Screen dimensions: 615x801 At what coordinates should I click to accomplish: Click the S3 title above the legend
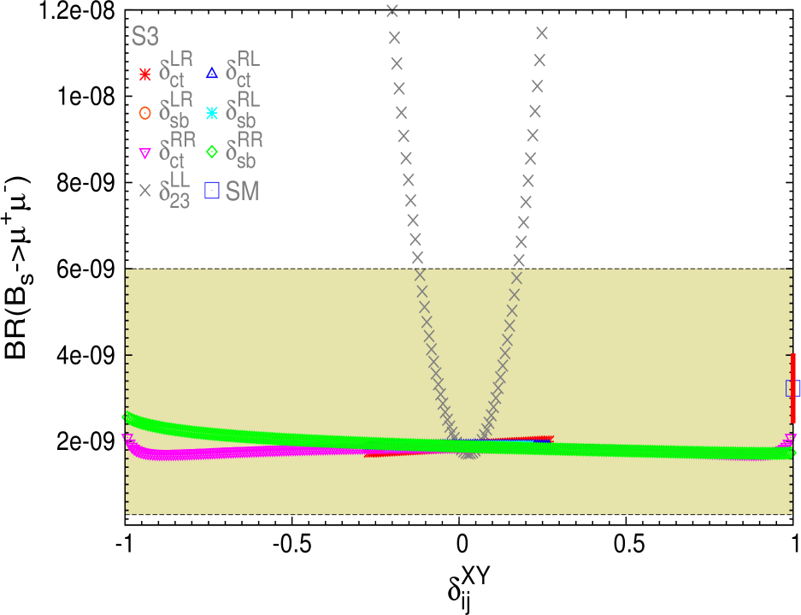(144, 38)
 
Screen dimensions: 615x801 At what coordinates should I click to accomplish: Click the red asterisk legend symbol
(144, 74)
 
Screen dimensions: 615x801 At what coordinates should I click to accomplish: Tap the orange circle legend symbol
(144, 112)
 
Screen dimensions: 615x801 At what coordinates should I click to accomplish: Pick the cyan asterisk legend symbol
(212, 112)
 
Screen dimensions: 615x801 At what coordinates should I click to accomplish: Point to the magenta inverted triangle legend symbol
(144, 153)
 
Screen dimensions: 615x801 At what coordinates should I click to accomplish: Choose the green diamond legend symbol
(212, 152)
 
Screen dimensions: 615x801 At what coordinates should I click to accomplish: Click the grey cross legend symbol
(144, 192)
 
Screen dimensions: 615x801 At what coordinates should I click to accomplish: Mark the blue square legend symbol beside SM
(212, 191)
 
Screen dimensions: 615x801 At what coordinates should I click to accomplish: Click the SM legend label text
(243, 192)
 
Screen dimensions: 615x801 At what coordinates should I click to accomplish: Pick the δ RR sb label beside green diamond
(244, 150)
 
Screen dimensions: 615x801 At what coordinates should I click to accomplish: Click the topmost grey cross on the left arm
(392, 10)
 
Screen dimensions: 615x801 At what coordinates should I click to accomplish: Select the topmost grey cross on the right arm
(541, 33)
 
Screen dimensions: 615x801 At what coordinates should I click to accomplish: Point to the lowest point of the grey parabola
(468, 453)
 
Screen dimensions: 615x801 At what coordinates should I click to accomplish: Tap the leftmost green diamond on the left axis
(127, 417)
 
